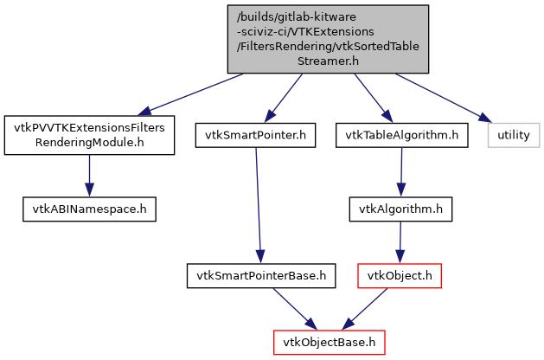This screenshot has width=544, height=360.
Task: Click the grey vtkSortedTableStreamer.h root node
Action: coord(328,39)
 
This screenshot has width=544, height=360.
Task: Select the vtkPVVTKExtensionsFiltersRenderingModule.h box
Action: coord(89,134)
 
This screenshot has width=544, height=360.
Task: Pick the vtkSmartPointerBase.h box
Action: coord(260,276)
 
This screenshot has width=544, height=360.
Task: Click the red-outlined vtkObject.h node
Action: coord(400,276)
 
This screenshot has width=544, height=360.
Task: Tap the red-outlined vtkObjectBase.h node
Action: coord(330,342)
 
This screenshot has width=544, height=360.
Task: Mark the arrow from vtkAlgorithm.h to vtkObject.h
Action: coord(400,241)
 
